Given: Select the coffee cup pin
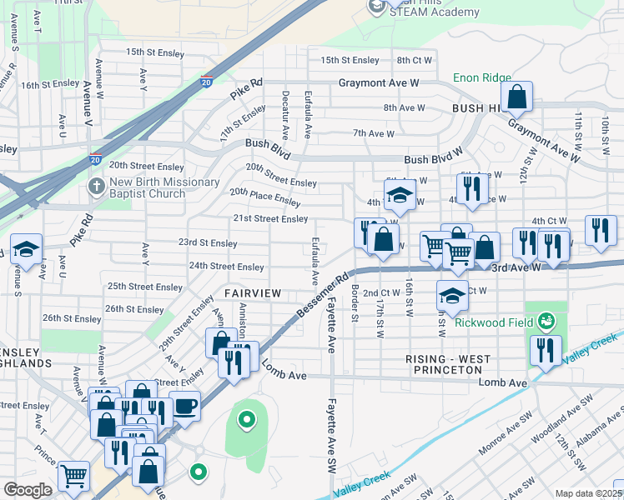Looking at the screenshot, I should pos(184,407).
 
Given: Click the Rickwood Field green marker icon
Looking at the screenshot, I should pos(546,320).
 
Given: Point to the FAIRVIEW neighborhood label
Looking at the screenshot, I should pos(252,294).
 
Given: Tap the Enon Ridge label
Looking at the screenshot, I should pos(482,77).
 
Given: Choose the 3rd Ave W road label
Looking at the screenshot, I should pos(516,267).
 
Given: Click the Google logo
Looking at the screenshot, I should pos(27,489).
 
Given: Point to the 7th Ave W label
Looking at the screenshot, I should pos(373,133).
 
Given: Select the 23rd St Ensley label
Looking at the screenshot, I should pos(208,243).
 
